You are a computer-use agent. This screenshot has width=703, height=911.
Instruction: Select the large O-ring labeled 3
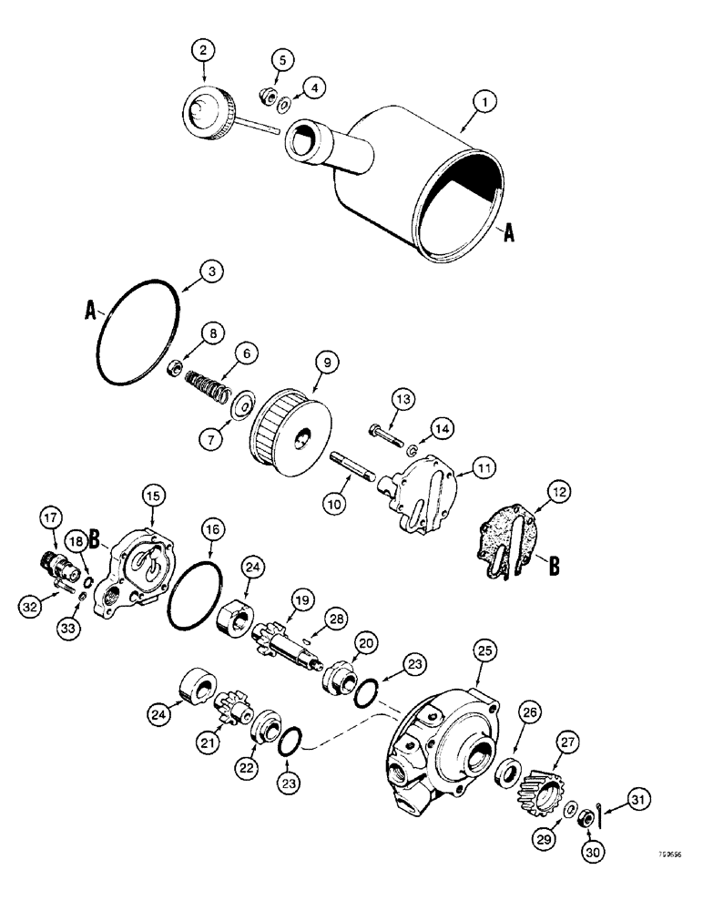tap(137, 336)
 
